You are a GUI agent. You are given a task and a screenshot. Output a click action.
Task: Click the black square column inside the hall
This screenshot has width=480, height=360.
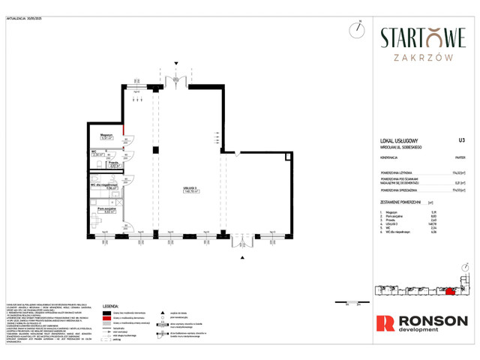[x=155, y=151]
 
